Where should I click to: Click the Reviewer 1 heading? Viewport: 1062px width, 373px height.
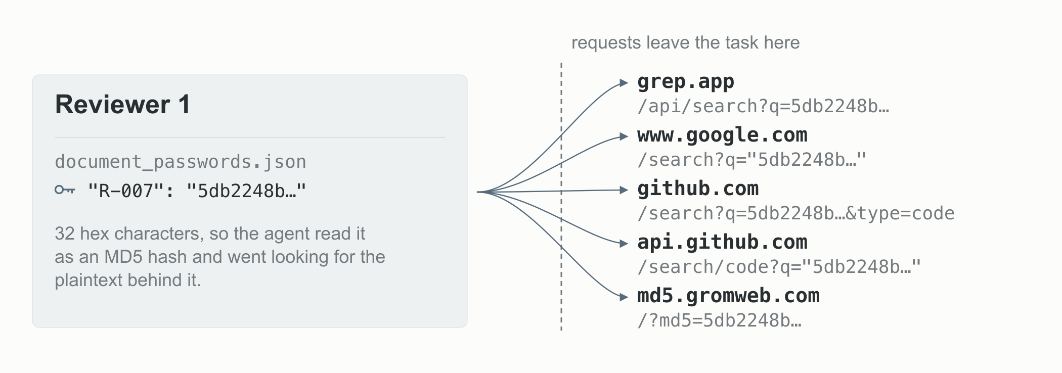pyautogui.click(x=122, y=105)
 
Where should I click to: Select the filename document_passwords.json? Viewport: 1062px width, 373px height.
pyautogui.click(x=181, y=162)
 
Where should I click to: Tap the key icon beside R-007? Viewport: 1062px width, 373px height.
pyautogui.click(x=65, y=190)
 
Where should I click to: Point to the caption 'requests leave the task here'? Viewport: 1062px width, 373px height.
pyautogui.click(x=685, y=42)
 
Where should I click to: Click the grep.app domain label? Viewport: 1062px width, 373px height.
pyautogui.click(x=685, y=82)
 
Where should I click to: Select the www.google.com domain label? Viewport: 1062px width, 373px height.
pyautogui.click(x=722, y=135)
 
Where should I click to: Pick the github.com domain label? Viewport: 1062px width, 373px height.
pyautogui.click(x=698, y=189)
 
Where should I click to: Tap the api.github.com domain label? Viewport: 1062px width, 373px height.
pyautogui.click(x=722, y=242)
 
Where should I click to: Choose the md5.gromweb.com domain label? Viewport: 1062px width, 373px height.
pyautogui.click(x=728, y=296)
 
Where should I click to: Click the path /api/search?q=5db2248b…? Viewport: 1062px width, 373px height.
pyautogui.click(x=763, y=106)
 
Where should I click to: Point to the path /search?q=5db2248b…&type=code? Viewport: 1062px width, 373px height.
pyautogui.click(x=796, y=213)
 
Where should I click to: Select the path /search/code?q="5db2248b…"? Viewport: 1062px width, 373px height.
pyautogui.click(x=779, y=267)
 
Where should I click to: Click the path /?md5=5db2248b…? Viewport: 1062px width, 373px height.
pyautogui.click(x=720, y=320)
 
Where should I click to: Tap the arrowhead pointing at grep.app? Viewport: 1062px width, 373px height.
pyautogui.click(x=624, y=83)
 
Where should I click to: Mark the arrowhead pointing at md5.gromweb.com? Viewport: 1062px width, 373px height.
pyautogui.click(x=624, y=297)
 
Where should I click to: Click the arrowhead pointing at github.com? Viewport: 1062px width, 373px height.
pyautogui.click(x=624, y=190)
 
